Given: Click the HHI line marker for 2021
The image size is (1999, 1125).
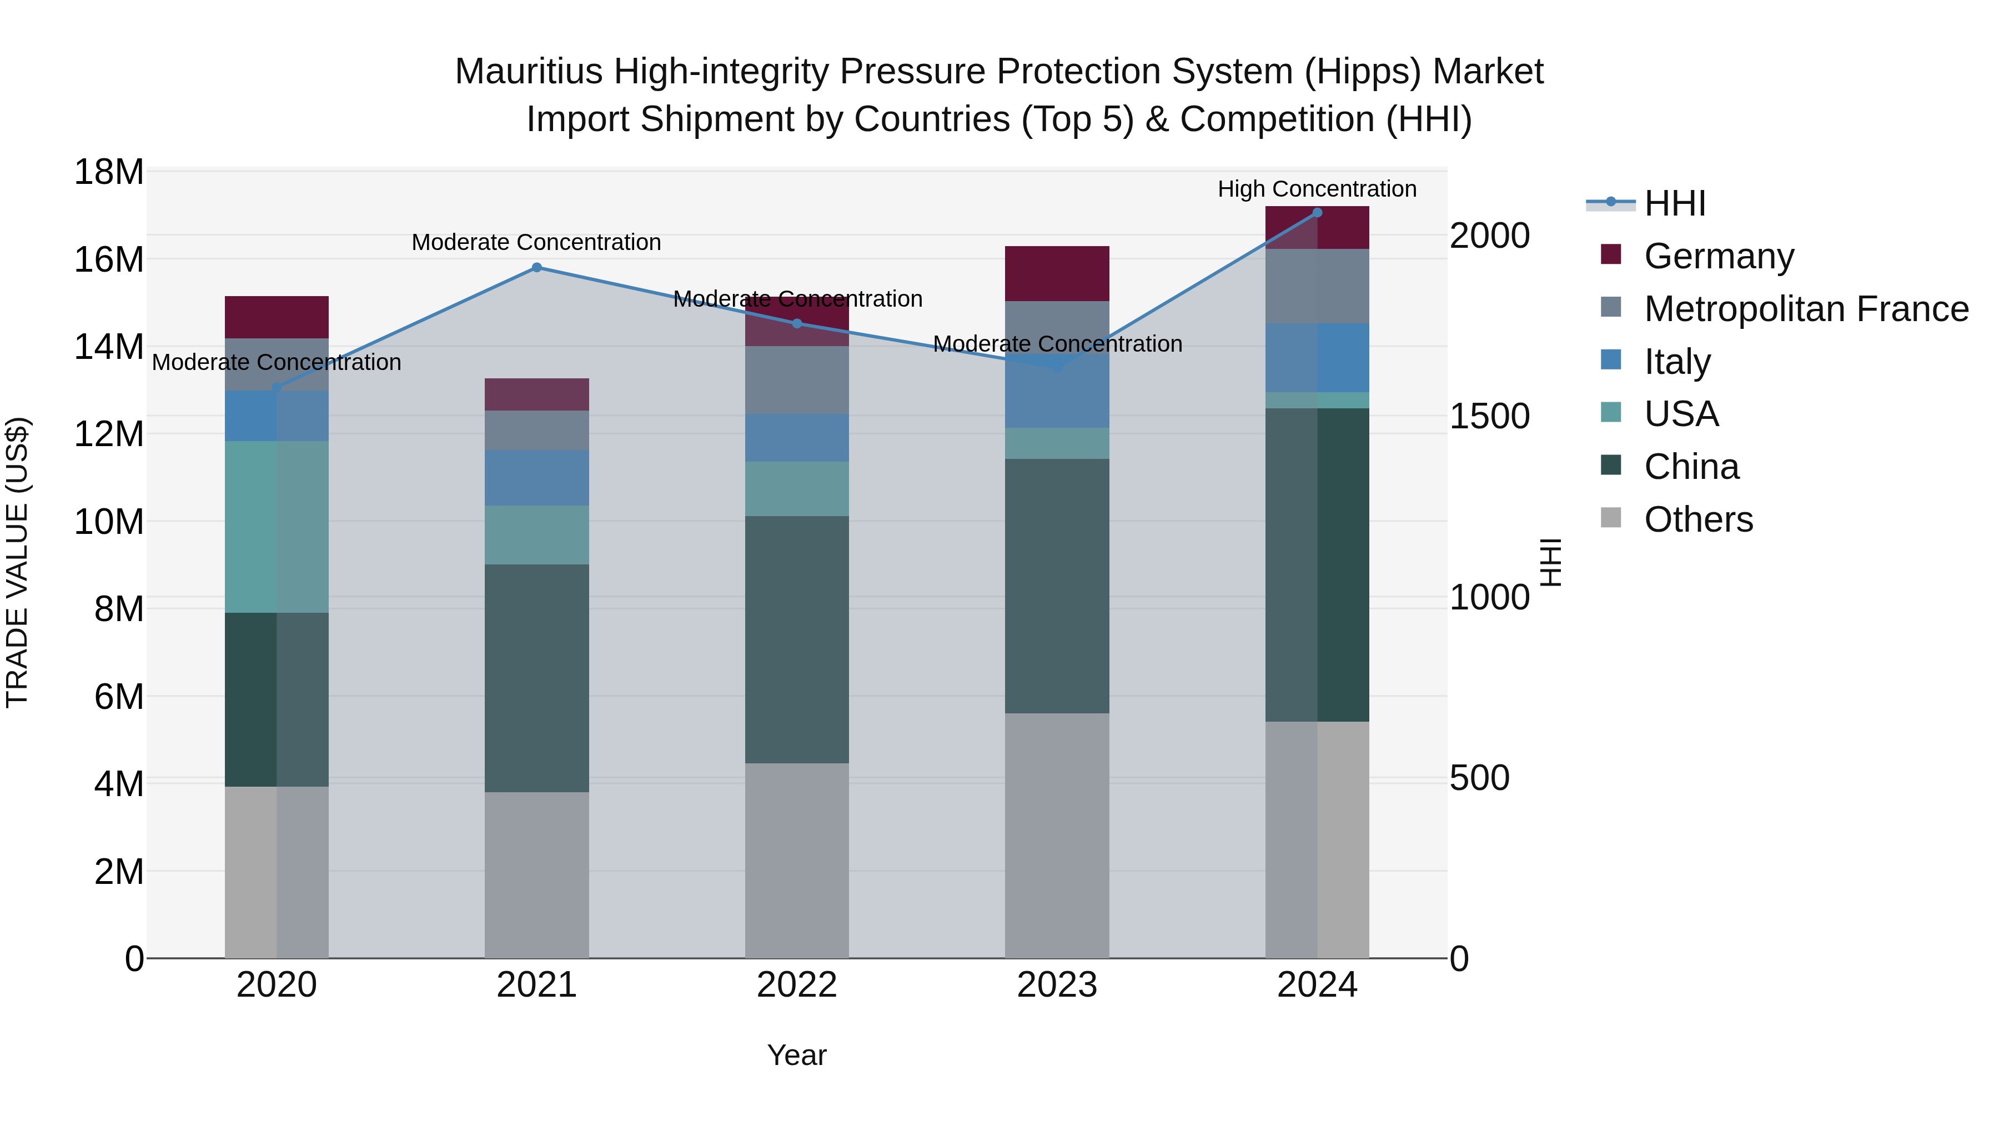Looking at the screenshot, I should point(536,267).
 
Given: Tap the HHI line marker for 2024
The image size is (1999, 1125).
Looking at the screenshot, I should point(1317,212).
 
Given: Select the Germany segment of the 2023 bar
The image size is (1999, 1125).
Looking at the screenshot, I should point(1057,273).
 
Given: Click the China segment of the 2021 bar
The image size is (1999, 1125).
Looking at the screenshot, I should point(536,678).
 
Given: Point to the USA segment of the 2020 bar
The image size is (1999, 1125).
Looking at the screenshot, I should point(277,527).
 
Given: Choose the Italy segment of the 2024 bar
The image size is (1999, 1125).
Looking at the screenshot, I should point(1317,357).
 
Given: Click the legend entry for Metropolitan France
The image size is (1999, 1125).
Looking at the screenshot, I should point(1805,309).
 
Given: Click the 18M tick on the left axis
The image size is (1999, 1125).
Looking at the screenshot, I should point(109,172).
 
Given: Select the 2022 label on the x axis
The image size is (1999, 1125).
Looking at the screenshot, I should point(797,986).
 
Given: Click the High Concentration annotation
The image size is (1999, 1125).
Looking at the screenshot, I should point(1317,189).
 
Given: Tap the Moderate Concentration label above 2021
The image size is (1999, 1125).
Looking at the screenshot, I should point(536,242).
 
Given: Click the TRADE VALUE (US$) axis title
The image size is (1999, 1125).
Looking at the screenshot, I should point(17,562).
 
